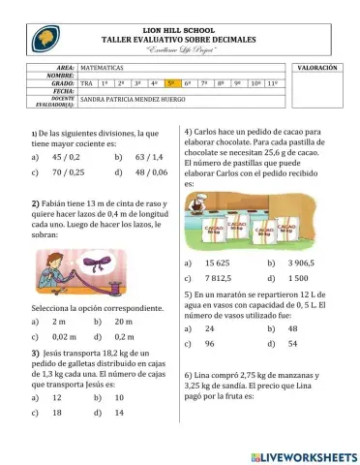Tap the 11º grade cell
274,84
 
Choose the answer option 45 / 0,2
64,155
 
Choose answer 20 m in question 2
141,321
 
